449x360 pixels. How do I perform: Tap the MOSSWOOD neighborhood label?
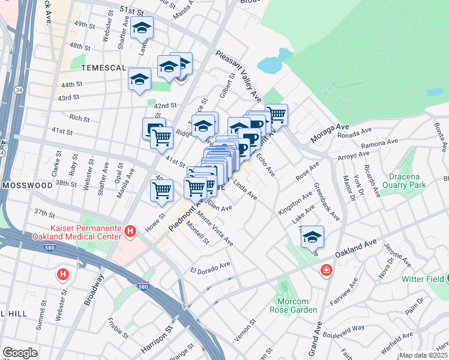pos(28,186)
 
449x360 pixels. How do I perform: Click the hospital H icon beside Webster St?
pos(62,275)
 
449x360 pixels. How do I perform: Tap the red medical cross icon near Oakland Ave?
pos(326,270)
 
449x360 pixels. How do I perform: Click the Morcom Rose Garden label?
pos(297,305)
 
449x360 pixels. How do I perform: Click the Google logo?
pos(20,353)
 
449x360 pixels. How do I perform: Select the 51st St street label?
pos(132,11)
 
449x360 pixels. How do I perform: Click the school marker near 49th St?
pos(142,28)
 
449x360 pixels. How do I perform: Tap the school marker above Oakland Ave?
pos(312,238)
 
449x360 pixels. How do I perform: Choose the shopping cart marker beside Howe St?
pos(161,191)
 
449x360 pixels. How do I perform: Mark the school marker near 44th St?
pos(139,80)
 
